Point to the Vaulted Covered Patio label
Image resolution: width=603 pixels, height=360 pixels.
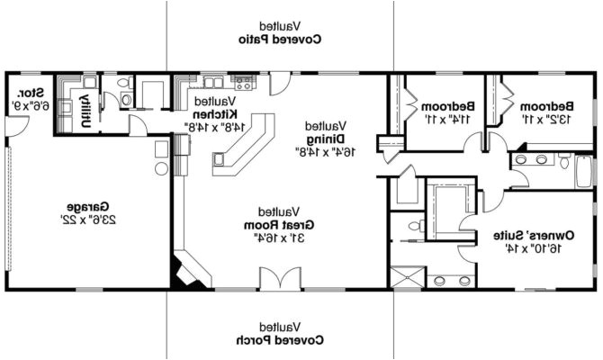pyautogui.click(x=281, y=34)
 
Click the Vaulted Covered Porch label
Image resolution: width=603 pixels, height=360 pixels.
pyautogui.click(x=281, y=335)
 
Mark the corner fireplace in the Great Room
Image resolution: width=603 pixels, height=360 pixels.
pyautogui.click(x=188, y=271)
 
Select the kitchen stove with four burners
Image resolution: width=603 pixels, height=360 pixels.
pyautogui.click(x=244, y=84)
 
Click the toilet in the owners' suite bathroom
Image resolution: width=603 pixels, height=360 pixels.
pyautogui.click(x=415, y=226)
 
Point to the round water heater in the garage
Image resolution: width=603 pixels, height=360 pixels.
pyautogui.click(x=161, y=167)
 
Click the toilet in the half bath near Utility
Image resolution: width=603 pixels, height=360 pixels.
pyautogui.click(x=125, y=100)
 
